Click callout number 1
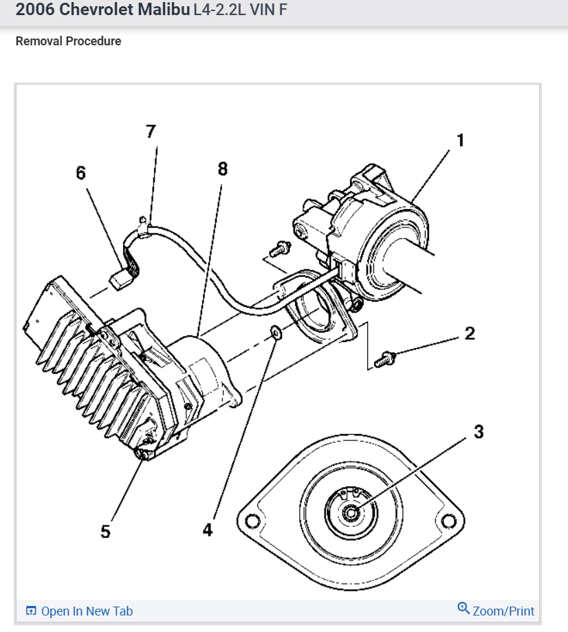(x=460, y=141)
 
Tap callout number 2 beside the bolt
(x=470, y=335)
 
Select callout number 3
(x=479, y=432)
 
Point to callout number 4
(x=208, y=530)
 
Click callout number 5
(x=105, y=532)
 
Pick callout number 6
(x=82, y=173)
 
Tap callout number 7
(x=151, y=131)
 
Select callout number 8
(x=222, y=169)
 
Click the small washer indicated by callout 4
(x=276, y=333)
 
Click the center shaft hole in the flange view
(x=352, y=511)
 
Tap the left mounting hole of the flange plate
(x=252, y=521)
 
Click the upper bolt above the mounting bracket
(x=281, y=247)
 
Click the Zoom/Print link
(x=503, y=611)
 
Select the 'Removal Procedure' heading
(x=68, y=41)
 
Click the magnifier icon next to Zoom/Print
(x=463, y=609)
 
